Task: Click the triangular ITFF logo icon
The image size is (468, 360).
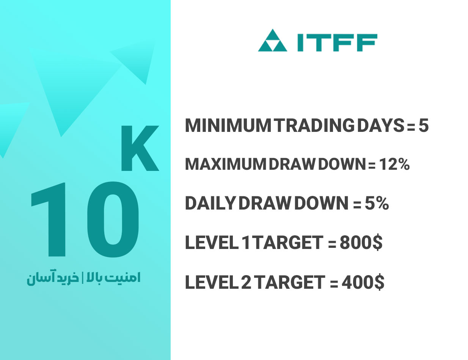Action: coord(272,41)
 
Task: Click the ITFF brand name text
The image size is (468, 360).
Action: coord(337,42)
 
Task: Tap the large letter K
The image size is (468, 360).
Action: coord(140,148)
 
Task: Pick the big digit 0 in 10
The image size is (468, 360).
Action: coord(113,219)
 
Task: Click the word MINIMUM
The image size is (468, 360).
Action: coord(228,126)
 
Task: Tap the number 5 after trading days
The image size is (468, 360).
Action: coord(423,126)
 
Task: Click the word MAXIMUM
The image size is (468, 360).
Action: coord(226,164)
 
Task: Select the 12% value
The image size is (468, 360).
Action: coord(394,164)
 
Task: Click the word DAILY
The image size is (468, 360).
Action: coord(210,203)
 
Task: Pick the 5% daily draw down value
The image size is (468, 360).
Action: coord(377,203)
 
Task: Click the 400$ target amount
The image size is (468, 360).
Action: coord(363,282)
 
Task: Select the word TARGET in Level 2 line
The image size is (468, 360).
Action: coord(291,282)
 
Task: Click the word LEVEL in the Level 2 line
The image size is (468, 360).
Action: coord(210,282)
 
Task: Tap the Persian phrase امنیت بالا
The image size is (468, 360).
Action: coord(113,278)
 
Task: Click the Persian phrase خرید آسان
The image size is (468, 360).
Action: coord(53,278)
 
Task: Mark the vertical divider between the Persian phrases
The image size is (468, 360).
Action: coord(83,278)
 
